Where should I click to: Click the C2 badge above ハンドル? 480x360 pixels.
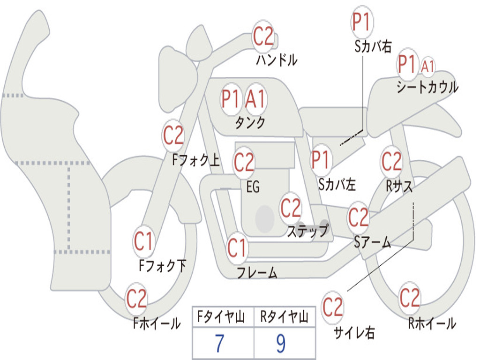[263, 37]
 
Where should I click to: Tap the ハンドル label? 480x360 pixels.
[277, 60]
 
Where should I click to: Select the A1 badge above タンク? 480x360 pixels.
[255, 99]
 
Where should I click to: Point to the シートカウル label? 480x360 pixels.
[427, 87]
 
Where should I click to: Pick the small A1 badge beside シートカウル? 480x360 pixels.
[427, 67]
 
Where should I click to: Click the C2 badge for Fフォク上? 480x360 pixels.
[173, 136]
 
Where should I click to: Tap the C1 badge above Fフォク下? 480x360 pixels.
[143, 242]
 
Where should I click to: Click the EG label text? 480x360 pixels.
[253, 187]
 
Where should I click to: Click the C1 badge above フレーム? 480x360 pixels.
[237, 248]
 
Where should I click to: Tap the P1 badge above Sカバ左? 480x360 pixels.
[321, 160]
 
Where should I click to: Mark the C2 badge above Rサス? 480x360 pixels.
[391, 161]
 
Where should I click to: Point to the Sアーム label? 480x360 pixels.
[372, 242]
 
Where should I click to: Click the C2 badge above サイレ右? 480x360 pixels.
[333, 307]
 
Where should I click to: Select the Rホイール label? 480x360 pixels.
[432, 323]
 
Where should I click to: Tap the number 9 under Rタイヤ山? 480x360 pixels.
[281, 344]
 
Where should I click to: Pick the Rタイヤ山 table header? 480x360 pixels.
[284, 318]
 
